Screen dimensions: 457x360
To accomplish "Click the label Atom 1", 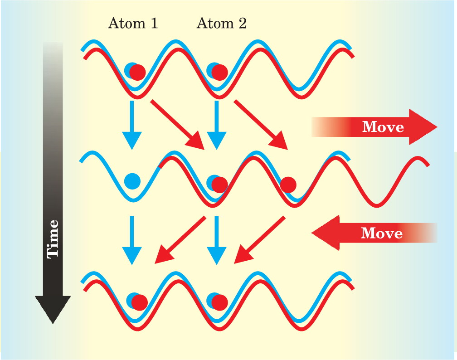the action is pyautogui.click(x=133, y=23).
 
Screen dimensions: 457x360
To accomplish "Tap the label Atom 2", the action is pyautogui.click(x=222, y=23).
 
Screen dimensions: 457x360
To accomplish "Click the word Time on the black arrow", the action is pyautogui.click(x=53, y=239).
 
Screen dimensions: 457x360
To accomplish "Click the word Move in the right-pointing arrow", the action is pyautogui.click(x=383, y=127).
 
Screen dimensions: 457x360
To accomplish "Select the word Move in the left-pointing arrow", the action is pyautogui.click(x=382, y=233).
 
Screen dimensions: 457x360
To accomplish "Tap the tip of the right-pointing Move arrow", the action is pyautogui.click(x=438, y=127).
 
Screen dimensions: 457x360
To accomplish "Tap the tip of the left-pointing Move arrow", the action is pyautogui.click(x=311, y=233).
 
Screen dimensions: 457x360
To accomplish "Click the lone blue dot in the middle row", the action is pyautogui.click(x=132, y=181).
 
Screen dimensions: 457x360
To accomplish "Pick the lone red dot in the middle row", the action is pyautogui.click(x=288, y=185).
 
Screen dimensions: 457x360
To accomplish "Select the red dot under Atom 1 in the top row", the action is pyautogui.click(x=137, y=72).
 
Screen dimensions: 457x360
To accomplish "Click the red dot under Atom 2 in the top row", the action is pyautogui.click(x=219, y=72).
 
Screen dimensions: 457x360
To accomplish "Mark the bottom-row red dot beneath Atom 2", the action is pyautogui.click(x=219, y=302).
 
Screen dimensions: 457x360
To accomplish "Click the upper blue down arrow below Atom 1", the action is pyautogui.click(x=132, y=125).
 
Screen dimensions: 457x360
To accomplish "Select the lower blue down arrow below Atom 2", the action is pyautogui.click(x=217, y=240).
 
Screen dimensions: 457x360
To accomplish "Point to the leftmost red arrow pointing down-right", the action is pyautogui.click(x=177, y=125).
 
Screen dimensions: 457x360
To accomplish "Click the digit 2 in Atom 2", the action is pyautogui.click(x=243, y=23).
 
